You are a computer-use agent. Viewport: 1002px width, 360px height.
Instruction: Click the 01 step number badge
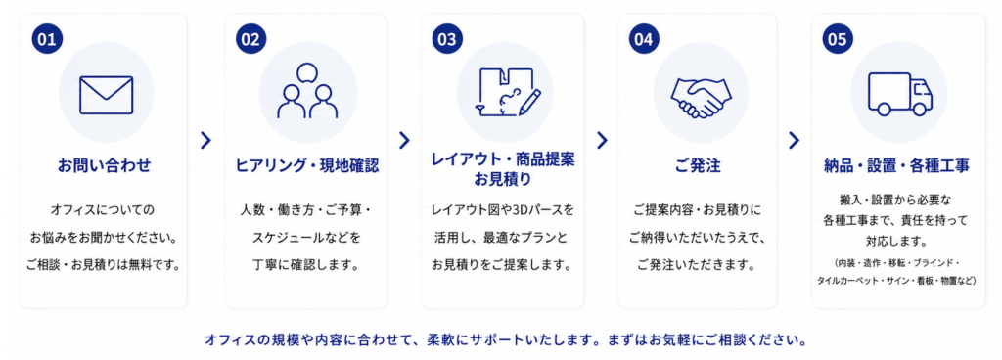pyautogui.click(x=47, y=39)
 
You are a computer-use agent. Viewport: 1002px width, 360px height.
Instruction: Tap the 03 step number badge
pyautogui.click(x=447, y=39)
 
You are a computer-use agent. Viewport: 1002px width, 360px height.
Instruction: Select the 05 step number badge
pyautogui.click(x=838, y=39)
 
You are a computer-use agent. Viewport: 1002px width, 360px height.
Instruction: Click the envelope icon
pyautogui.click(x=106, y=95)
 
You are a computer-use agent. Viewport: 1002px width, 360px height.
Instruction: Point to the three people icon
pyautogui.click(x=307, y=91)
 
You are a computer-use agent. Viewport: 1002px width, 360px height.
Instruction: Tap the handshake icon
pyautogui.click(x=701, y=98)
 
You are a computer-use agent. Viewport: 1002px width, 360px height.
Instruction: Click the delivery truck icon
pyautogui.click(x=900, y=94)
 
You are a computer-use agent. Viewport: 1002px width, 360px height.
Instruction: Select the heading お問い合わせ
pyautogui.click(x=104, y=166)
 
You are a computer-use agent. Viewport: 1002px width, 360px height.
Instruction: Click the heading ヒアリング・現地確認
pyautogui.click(x=307, y=166)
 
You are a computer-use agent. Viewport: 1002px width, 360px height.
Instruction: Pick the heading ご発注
pyautogui.click(x=698, y=166)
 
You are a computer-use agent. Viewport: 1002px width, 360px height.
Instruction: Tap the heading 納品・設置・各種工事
pyautogui.click(x=897, y=166)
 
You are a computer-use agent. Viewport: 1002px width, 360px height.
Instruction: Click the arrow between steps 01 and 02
pyautogui.click(x=205, y=141)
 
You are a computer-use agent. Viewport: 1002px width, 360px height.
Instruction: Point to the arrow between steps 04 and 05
pyautogui.click(x=794, y=141)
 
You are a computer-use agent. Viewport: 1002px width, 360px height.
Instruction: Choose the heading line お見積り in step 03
pyautogui.click(x=502, y=181)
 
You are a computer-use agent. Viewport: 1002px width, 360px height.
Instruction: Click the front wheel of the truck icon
pyautogui.click(x=919, y=110)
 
